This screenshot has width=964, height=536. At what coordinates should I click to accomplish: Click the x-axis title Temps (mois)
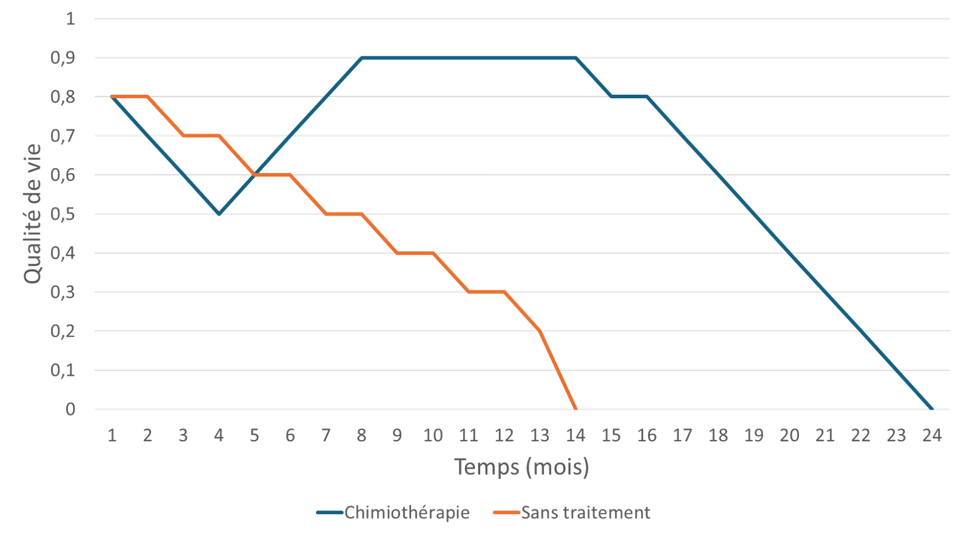click(x=521, y=467)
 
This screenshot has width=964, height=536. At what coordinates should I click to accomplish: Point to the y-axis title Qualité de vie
click(x=33, y=214)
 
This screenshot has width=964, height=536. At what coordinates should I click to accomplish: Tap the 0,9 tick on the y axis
click(x=63, y=58)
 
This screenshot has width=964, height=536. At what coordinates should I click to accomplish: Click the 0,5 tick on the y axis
click(x=63, y=214)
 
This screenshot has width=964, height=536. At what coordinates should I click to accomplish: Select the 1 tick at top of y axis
click(x=70, y=18)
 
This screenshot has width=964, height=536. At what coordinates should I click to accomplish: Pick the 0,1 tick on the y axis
click(x=63, y=370)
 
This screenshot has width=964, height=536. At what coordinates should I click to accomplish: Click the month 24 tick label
click(x=932, y=435)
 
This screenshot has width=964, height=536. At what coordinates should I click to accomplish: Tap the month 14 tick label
click(x=575, y=435)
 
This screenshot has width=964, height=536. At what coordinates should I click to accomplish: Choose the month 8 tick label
click(x=361, y=435)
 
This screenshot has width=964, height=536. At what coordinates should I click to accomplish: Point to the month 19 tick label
click(x=754, y=435)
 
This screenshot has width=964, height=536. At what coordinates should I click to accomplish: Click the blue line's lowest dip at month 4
click(x=219, y=214)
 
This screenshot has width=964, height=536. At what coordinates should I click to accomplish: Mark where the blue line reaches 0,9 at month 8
click(x=361, y=58)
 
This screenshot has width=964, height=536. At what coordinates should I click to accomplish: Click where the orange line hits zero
click(x=575, y=409)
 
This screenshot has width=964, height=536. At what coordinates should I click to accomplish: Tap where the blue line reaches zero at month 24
click(x=932, y=409)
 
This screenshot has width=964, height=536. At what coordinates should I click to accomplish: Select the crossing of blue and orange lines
click(x=255, y=175)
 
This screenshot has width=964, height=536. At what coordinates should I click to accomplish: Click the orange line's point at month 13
click(x=540, y=331)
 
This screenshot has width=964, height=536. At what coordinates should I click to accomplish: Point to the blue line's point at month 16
click(x=647, y=97)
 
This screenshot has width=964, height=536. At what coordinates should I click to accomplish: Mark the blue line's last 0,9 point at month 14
click(x=575, y=58)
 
